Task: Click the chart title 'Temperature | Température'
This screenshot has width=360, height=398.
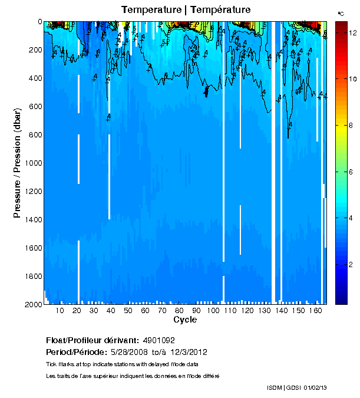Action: [x=186, y=10]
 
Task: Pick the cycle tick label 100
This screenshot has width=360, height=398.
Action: [x=213, y=311]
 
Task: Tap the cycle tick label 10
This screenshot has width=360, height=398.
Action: [x=60, y=311]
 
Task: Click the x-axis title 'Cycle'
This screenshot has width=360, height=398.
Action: [x=185, y=320]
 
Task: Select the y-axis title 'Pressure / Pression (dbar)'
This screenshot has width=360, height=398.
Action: [x=17, y=163]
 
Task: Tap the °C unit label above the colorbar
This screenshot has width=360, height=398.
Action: [x=340, y=13]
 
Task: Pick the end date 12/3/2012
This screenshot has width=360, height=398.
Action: [x=189, y=352]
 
